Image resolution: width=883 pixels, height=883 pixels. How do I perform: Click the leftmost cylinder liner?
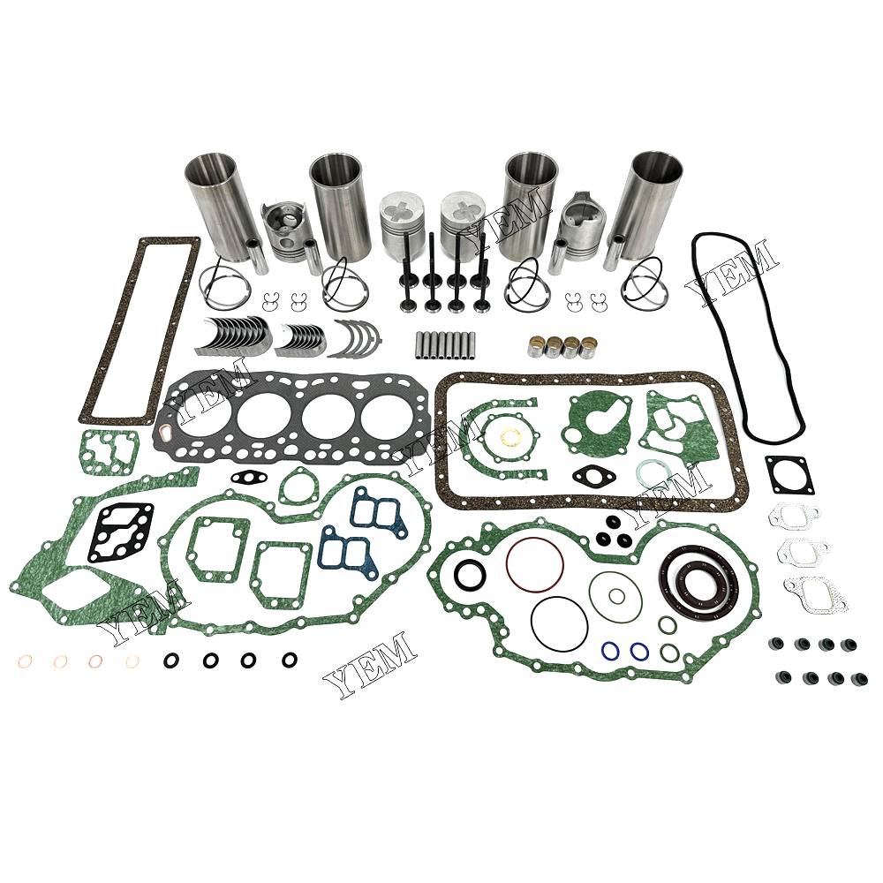coord(217,204)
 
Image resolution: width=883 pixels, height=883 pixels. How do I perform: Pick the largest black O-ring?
coord(559,624)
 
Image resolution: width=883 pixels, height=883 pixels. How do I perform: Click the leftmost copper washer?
coord(26,661)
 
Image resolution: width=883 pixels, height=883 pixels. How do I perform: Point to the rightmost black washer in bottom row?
coord(290,659)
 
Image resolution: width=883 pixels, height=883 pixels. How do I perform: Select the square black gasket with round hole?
coord(789,473)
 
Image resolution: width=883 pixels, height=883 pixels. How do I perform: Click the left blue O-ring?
coord(609,651)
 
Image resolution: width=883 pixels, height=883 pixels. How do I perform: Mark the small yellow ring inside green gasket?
coord(511,436)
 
